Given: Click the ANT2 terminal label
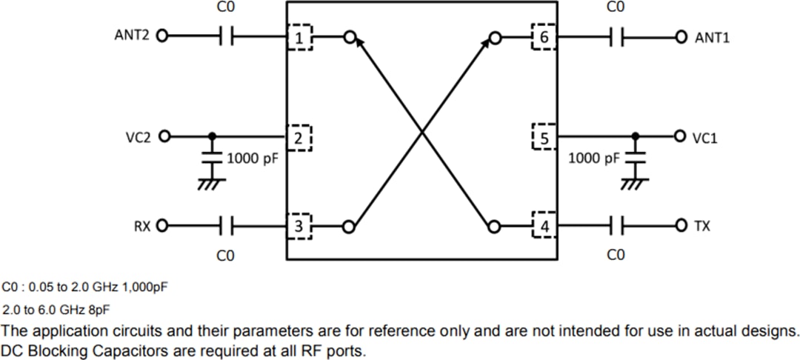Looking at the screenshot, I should point(132,35).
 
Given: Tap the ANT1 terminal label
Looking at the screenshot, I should point(712,37).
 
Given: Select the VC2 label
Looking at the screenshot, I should point(139,136).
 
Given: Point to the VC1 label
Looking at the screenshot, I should point(705,138).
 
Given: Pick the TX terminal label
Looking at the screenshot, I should point(702,226).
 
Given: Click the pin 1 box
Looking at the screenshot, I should point(300,37).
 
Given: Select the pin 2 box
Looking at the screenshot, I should point(299,137).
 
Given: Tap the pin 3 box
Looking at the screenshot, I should point(299,226).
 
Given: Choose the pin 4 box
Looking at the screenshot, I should point(544,226).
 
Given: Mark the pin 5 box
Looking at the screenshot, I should point(544,138).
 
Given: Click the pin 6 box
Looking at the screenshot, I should point(544,37).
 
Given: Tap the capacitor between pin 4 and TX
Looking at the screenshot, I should point(615,225).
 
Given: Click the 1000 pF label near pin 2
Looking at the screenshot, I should point(251,158).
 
